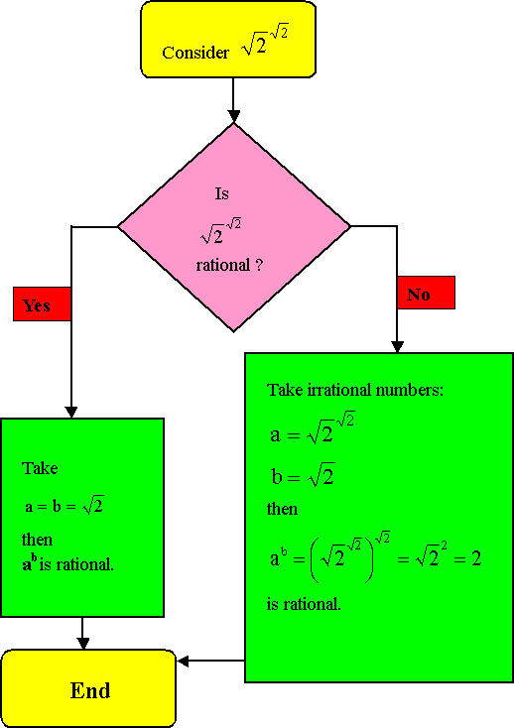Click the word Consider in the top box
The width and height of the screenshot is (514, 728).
[x=195, y=53]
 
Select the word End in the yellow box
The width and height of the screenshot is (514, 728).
[x=90, y=690]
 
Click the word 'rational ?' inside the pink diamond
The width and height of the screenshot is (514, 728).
[x=229, y=265]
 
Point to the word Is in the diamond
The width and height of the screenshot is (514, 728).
[x=222, y=193]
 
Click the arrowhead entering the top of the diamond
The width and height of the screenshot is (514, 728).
[x=233, y=116]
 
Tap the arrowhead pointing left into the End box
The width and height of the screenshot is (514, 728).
[x=183, y=661]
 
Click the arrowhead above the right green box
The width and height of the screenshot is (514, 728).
[x=397, y=347]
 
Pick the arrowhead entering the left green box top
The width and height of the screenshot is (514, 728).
[x=71, y=413]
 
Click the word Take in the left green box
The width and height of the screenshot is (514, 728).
[x=40, y=468]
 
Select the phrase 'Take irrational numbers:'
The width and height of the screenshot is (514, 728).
[x=355, y=390]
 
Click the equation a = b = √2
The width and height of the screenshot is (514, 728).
[x=64, y=506]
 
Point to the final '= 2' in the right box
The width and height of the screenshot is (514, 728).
[x=467, y=558]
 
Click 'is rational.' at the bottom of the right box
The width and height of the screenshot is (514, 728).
[x=304, y=604]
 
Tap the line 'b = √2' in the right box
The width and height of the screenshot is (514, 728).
[x=303, y=475]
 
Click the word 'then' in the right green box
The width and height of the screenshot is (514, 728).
[x=283, y=509]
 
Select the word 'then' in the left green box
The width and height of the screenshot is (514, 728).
[x=37, y=540]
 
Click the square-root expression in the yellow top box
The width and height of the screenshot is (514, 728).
[x=265, y=41]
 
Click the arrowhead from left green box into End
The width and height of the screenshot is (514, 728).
[x=82, y=643]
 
